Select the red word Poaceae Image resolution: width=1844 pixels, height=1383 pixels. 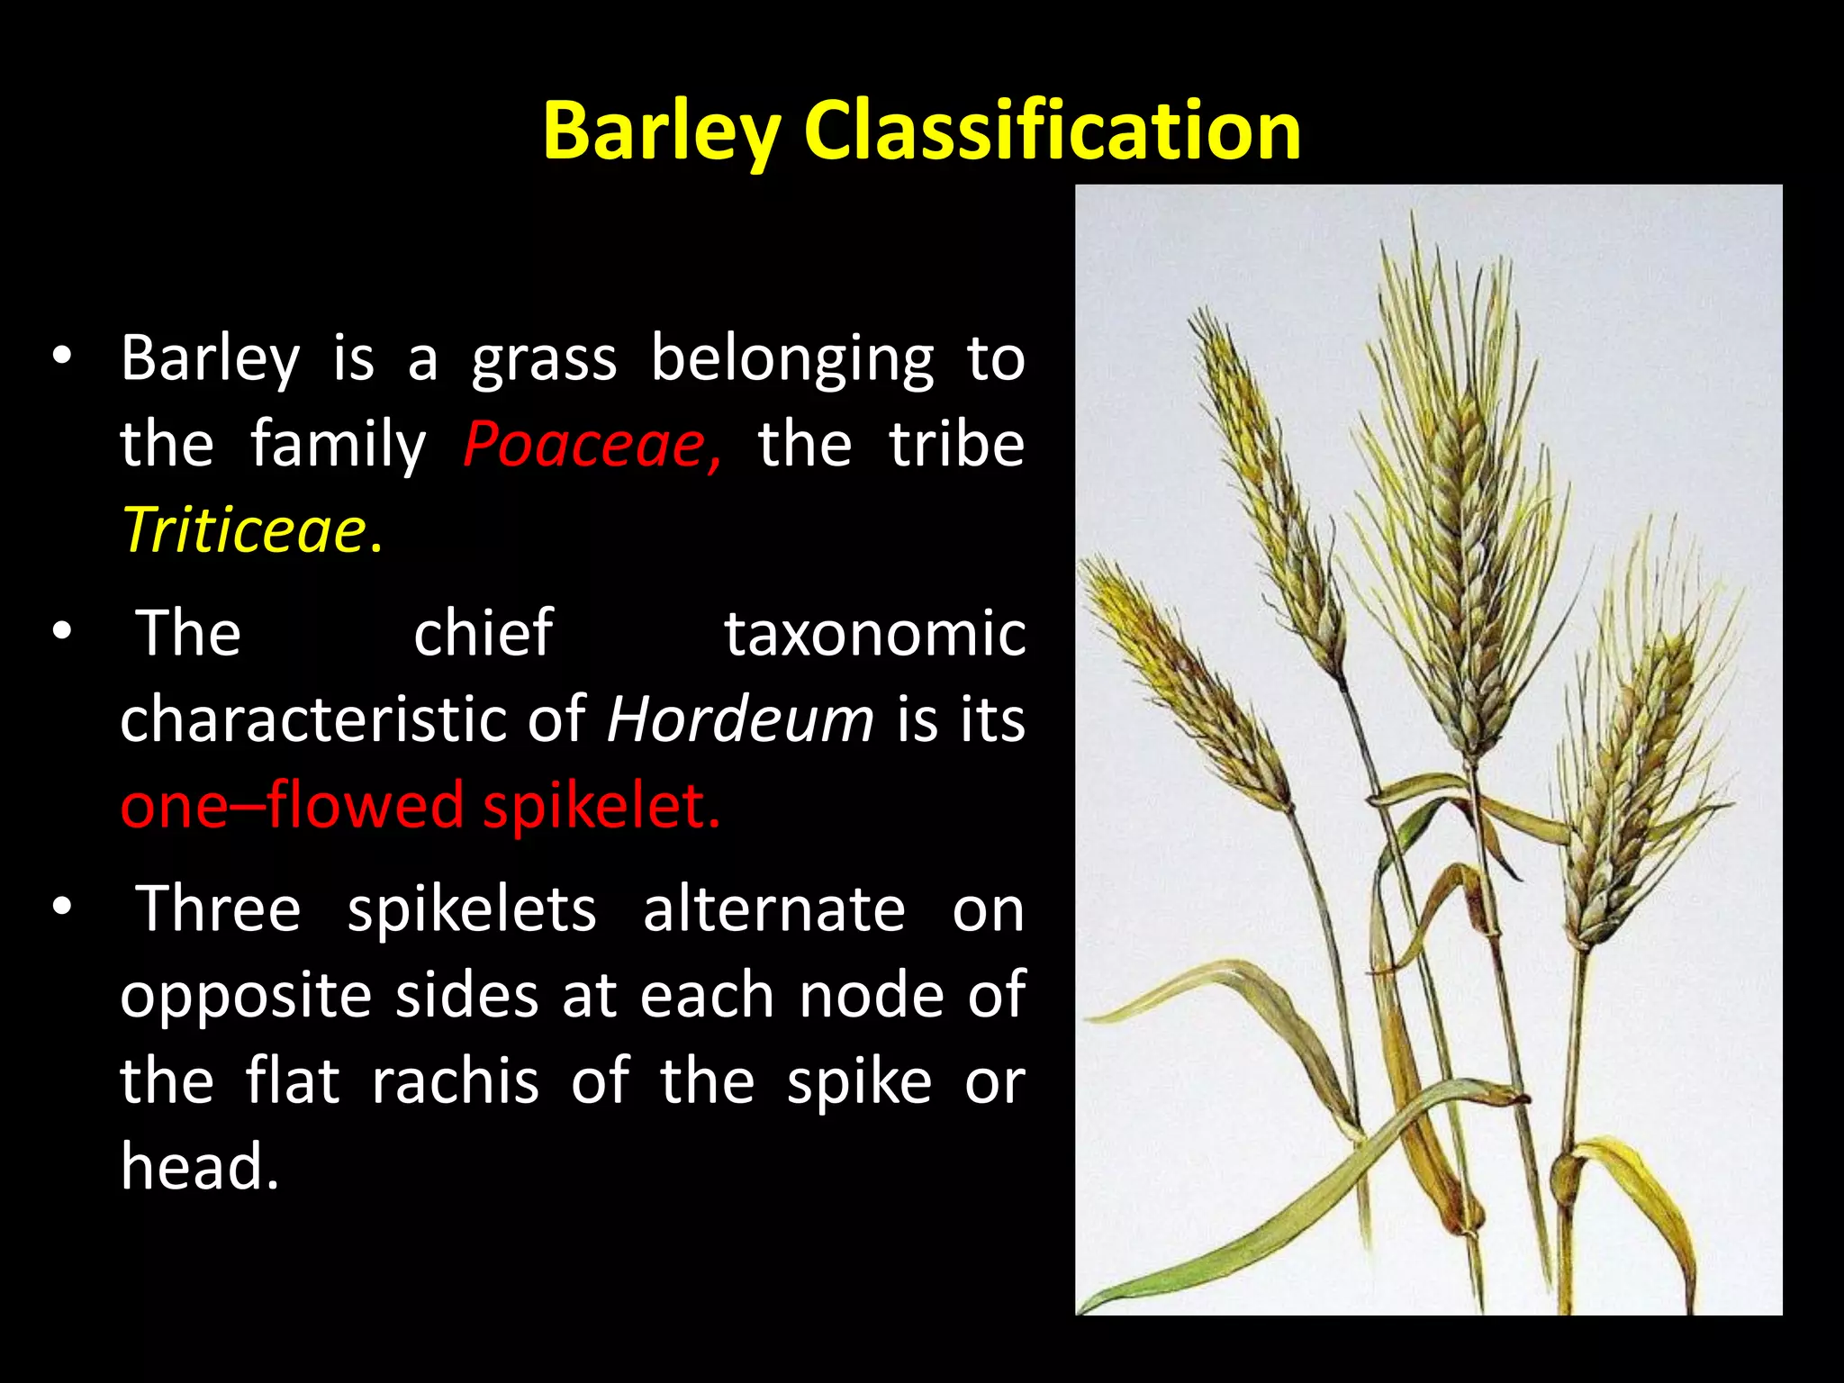[590, 445]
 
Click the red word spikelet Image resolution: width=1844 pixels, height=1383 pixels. [601, 806]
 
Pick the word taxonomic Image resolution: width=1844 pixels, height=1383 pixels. [874, 634]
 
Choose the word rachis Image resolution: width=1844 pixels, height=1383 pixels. [455, 1080]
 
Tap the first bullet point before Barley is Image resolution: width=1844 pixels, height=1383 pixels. [61, 357]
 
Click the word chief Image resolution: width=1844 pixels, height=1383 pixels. [483, 634]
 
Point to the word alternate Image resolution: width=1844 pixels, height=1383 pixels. [773, 909]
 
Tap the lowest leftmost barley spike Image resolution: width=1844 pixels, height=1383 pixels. [1180, 684]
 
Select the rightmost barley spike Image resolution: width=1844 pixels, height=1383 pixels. [1639, 774]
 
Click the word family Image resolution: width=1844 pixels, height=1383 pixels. [338, 445]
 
